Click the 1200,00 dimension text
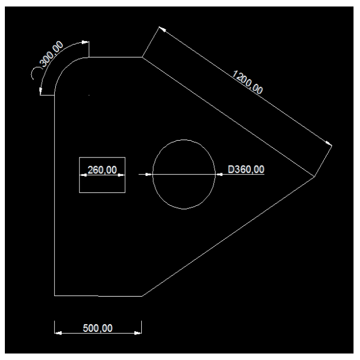point(247,82)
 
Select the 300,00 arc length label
point(51,54)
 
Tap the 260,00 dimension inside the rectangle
point(102,170)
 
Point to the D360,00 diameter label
point(246,169)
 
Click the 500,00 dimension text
point(97,328)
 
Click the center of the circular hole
point(184,174)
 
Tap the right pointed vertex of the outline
point(315,176)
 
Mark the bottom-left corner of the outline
point(55,296)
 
